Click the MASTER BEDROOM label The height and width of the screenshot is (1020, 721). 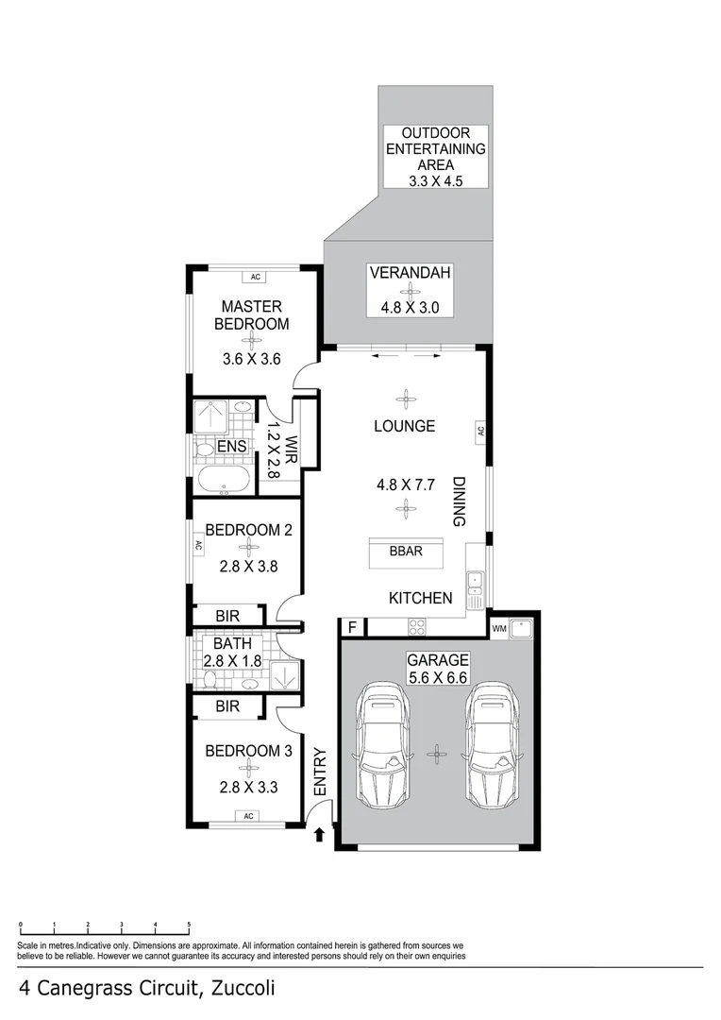(x=251, y=314)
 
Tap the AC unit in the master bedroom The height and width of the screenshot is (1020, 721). (x=254, y=277)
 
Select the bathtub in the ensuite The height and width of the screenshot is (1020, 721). (x=224, y=480)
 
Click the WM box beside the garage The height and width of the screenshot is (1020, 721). (x=499, y=627)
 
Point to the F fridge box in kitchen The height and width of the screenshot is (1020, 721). (x=352, y=627)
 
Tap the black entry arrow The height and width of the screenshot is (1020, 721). (x=319, y=834)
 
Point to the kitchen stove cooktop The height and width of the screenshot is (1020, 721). (x=415, y=626)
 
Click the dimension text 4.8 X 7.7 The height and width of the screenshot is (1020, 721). (x=406, y=485)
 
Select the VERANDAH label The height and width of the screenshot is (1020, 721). (x=410, y=274)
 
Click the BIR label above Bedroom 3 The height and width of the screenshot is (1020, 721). (x=227, y=705)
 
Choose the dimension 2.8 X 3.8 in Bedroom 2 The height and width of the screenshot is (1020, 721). (x=247, y=568)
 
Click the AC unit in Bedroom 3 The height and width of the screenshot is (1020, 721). (x=249, y=816)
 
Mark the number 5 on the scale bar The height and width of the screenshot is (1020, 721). (x=189, y=926)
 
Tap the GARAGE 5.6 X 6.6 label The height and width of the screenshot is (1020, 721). (x=437, y=668)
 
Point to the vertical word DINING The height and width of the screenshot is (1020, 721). (x=460, y=501)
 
